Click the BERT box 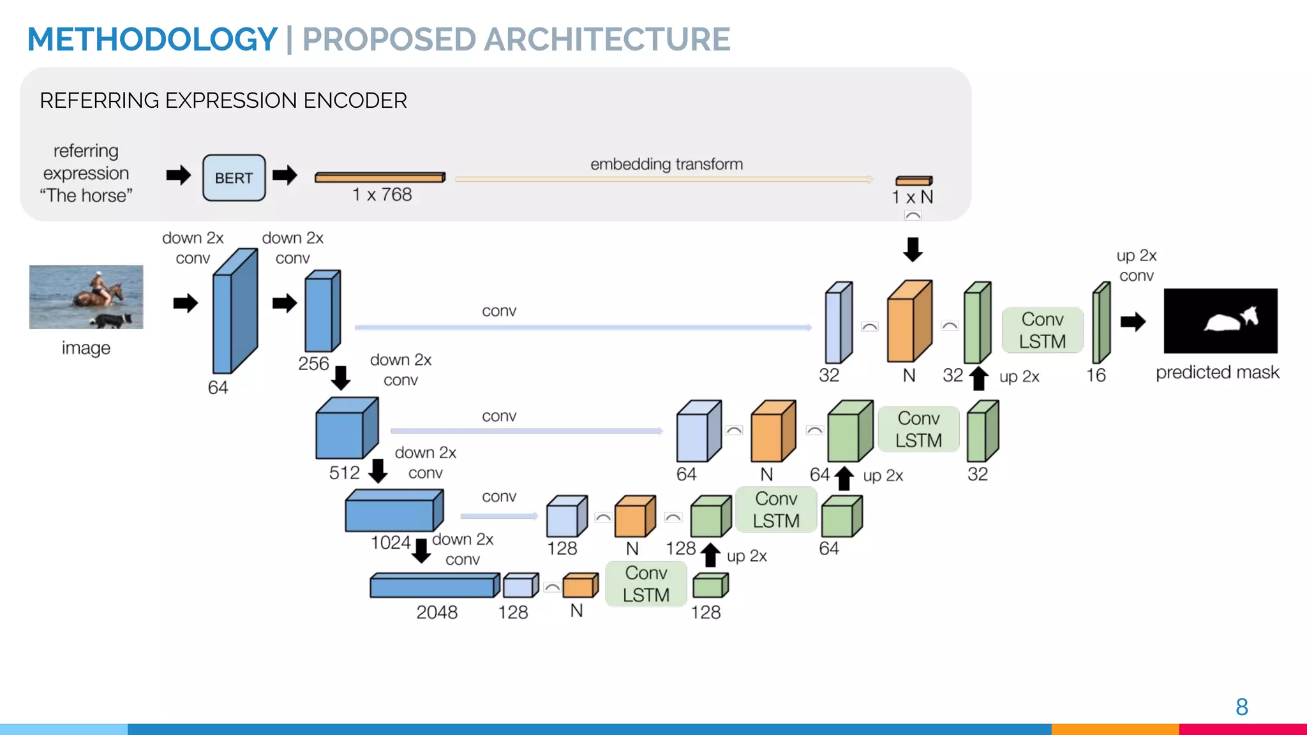tap(234, 178)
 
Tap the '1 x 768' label tap(382, 195)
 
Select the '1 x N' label tap(912, 197)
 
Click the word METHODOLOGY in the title tap(152, 40)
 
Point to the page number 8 tap(1241, 707)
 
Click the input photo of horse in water tap(86, 297)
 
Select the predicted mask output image tap(1220, 320)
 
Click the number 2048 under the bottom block tap(437, 612)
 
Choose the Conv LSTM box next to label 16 tap(1042, 330)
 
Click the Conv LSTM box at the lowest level tap(646, 584)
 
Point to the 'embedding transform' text tap(666, 165)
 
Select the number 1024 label tap(390, 543)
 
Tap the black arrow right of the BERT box tap(285, 175)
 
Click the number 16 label tap(1096, 375)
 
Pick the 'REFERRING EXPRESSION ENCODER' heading tap(223, 101)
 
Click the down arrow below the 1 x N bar tap(913, 249)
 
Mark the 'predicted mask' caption tap(1217, 373)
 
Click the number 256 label tap(313, 364)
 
